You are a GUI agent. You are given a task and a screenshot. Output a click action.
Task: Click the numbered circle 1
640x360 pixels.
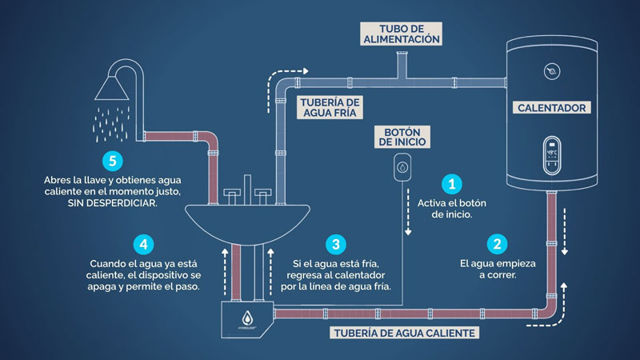[452, 185]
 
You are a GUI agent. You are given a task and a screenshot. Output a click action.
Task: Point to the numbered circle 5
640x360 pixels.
[113, 160]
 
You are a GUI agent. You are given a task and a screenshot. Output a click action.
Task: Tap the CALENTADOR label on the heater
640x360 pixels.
[552, 107]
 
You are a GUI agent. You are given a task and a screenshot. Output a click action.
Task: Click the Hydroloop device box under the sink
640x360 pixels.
[247, 320]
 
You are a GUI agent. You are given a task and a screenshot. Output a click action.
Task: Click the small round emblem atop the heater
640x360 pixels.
[551, 71]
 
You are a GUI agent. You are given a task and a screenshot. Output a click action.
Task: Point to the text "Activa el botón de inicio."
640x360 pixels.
[452, 209]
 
